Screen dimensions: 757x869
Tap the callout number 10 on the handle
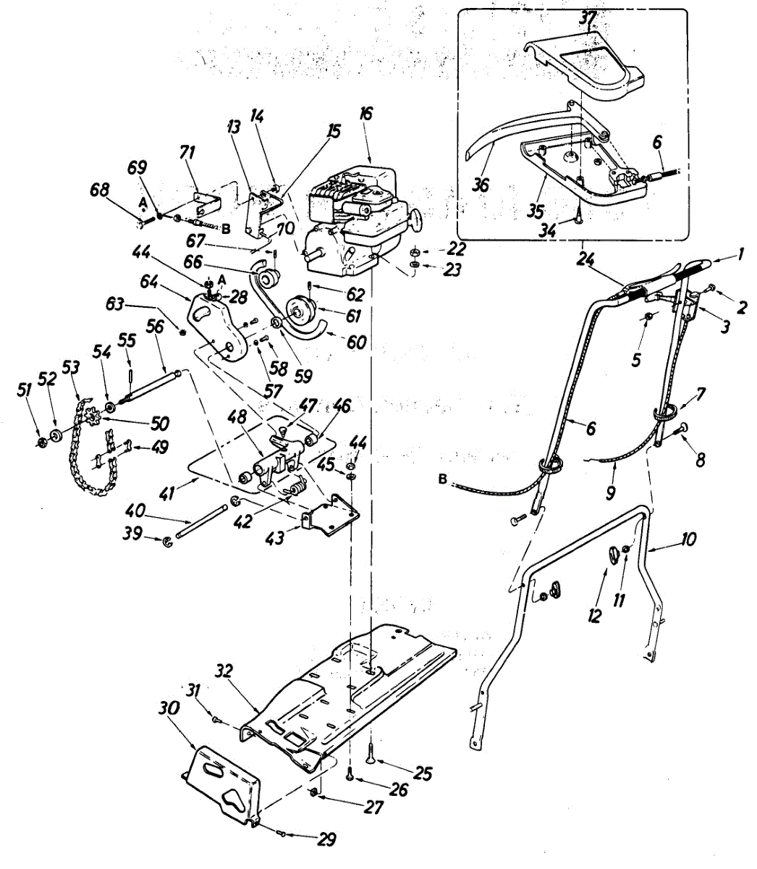point(687,540)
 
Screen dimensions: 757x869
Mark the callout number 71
point(187,153)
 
